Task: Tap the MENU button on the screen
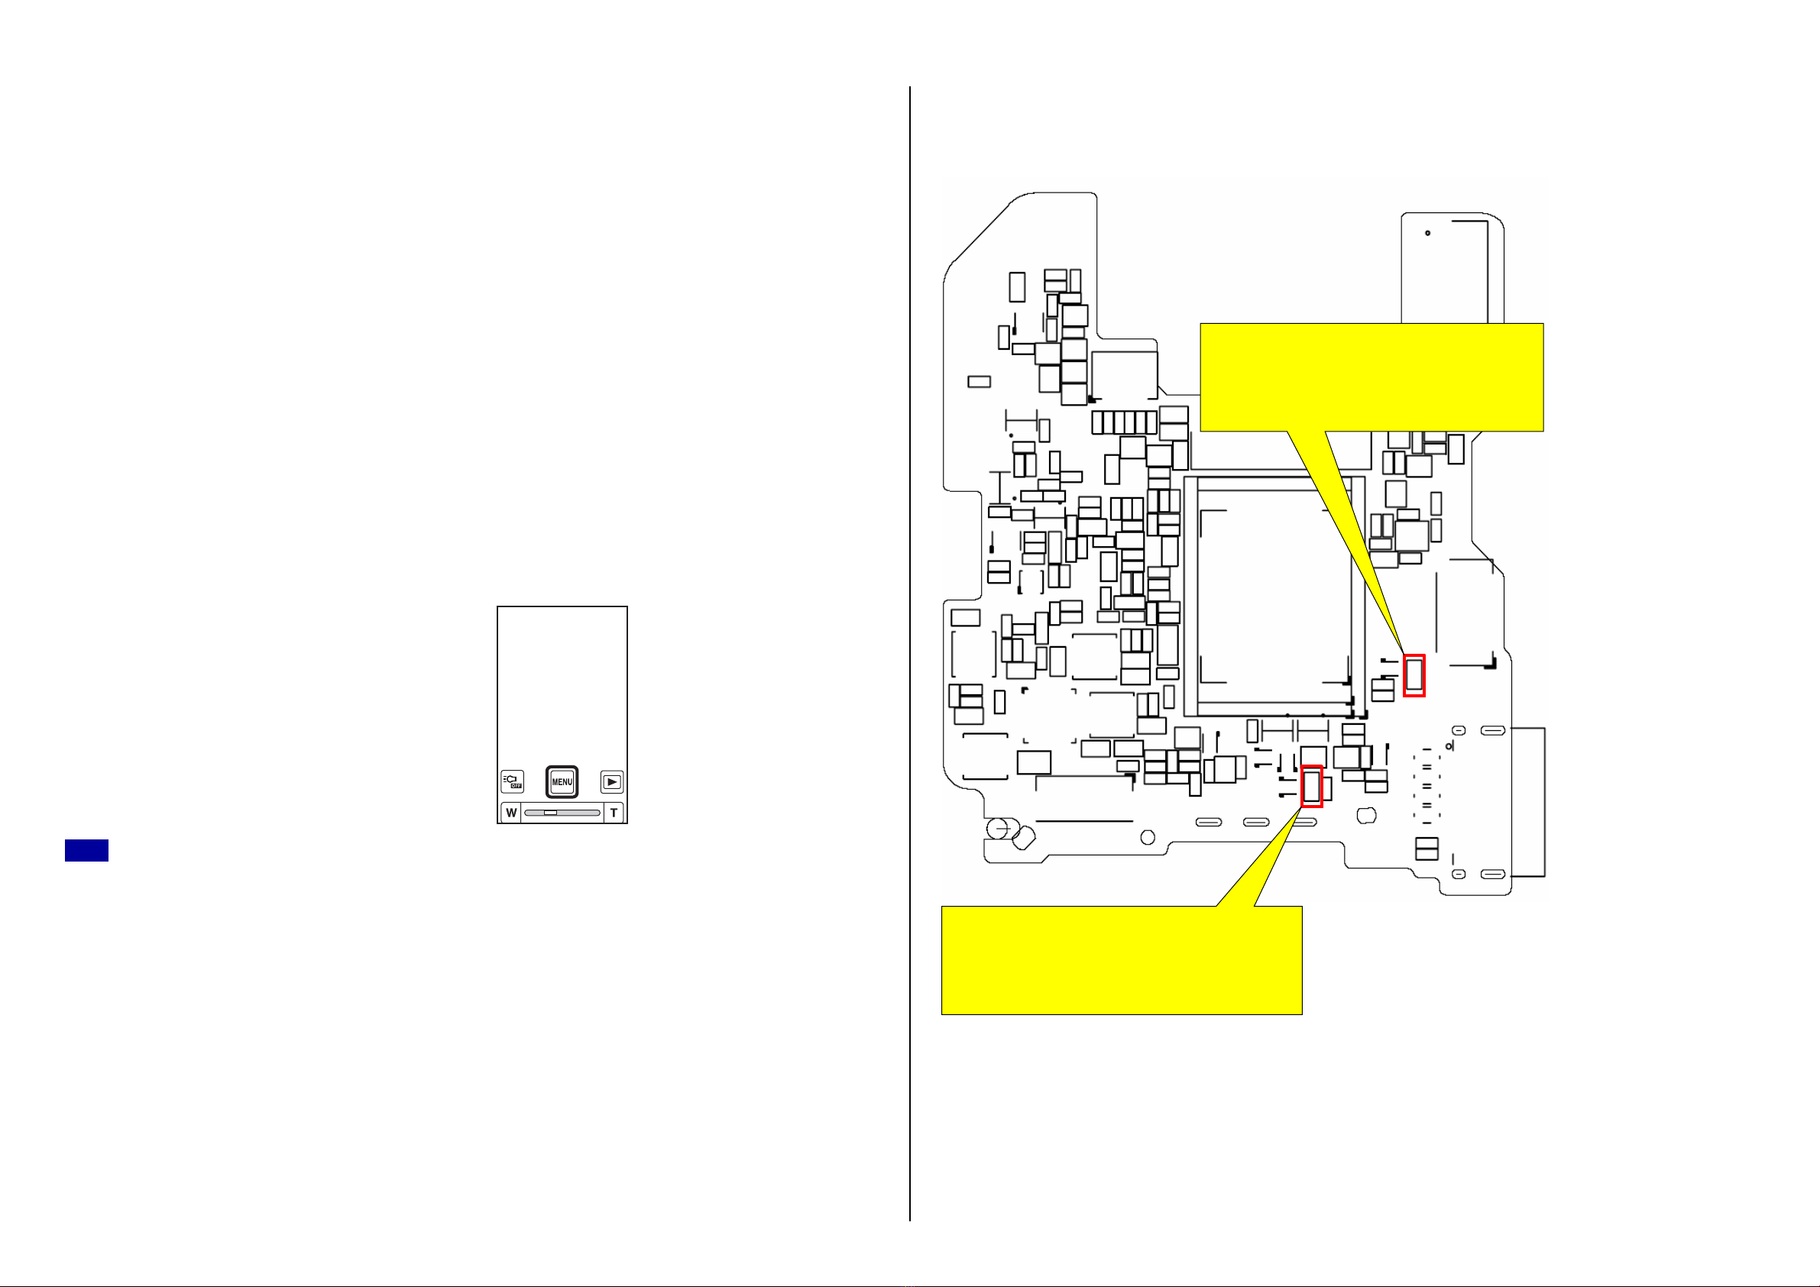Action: [562, 781]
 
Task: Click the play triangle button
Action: [611, 781]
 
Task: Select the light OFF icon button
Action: [512, 781]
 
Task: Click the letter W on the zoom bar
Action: [511, 813]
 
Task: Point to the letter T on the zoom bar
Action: [614, 813]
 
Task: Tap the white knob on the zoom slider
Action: [550, 813]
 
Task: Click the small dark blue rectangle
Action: [86, 850]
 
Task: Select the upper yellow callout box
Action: [1371, 377]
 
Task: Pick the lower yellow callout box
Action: [1122, 959]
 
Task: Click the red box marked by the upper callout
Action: [1414, 676]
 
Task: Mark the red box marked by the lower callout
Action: [1312, 786]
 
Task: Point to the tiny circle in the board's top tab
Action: [1427, 233]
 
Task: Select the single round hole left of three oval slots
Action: [1147, 838]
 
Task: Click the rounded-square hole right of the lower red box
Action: [1367, 816]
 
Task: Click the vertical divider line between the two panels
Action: [910, 654]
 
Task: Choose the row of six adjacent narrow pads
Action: [1124, 422]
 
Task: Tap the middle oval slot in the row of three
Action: [1256, 822]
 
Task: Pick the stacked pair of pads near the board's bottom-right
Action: [1426, 848]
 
